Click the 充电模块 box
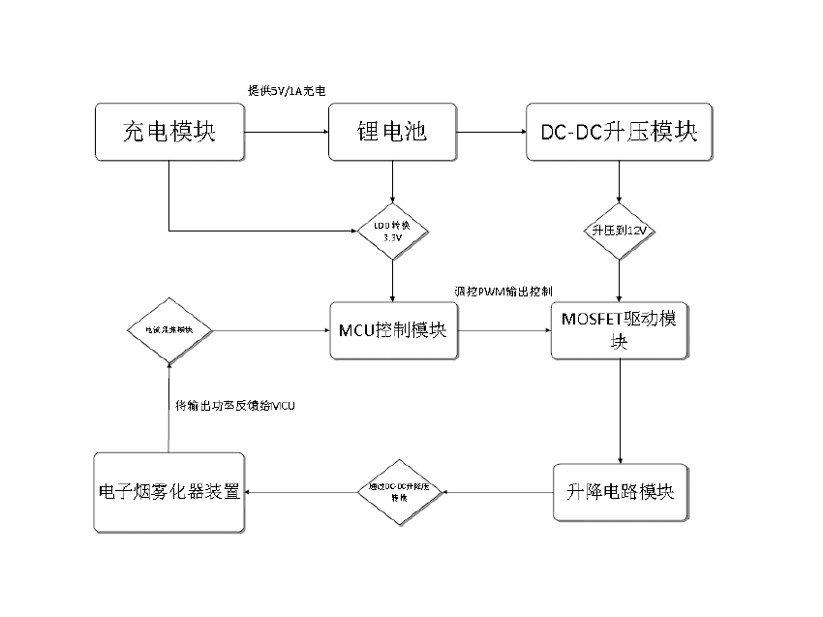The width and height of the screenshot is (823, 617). coord(169,132)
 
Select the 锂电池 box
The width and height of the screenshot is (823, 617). coord(391,132)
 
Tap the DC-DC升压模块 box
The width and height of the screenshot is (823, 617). coord(620,132)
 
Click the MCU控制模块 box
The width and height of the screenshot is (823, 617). coord(391,330)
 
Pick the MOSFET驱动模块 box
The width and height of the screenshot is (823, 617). coord(620,330)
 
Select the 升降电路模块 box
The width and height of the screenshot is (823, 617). coord(620,492)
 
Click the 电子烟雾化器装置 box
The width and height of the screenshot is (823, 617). coord(169,492)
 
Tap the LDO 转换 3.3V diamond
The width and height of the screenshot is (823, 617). coord(391,231)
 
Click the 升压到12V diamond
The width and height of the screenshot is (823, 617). coord(620,231)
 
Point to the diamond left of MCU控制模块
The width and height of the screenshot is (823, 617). coord(169,330)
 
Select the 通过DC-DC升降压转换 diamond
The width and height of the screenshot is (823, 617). coord(399,492)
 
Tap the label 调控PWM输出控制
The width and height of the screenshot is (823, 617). coord(503,291)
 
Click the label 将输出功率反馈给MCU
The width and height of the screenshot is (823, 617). coord(234,405)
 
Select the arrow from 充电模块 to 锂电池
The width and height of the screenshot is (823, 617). coord(286,132)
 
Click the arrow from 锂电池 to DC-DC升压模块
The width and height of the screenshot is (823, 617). coord(489,132)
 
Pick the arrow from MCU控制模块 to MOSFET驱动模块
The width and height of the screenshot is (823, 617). coord(503,330)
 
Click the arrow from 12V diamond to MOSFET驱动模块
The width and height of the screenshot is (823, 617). coord(620,281)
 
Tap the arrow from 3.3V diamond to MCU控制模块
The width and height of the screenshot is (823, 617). coord(391,281)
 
